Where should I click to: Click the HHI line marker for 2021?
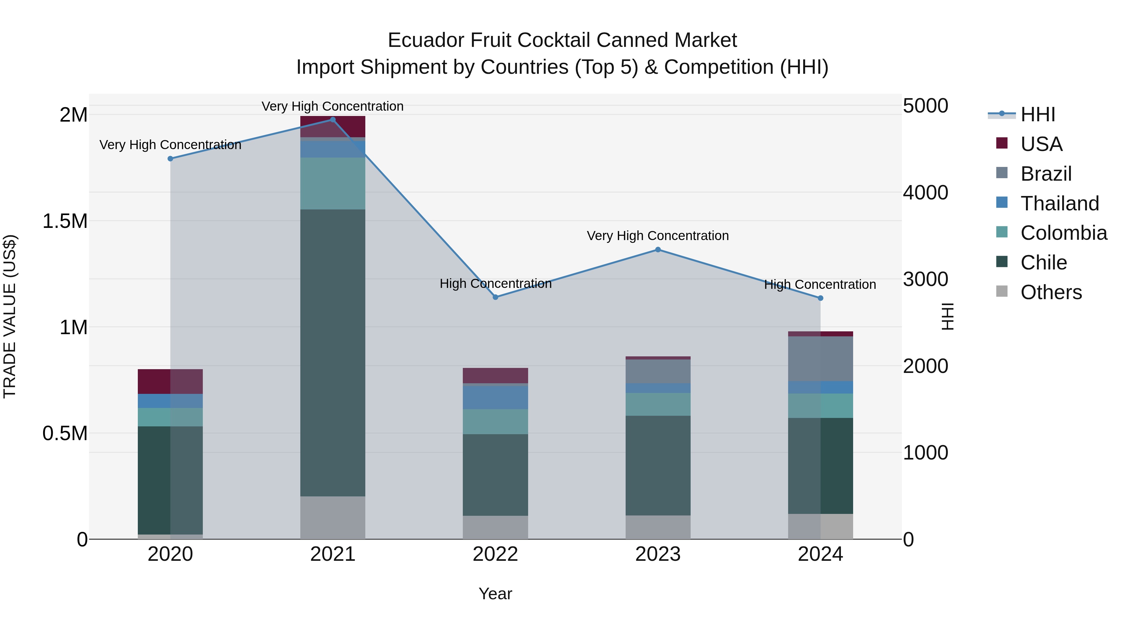point(333,120)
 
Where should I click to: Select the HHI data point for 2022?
point(495,297)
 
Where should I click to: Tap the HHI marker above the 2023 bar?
point(658,249)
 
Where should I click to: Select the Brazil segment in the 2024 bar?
point(820,358)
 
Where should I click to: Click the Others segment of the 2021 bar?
point(333,517)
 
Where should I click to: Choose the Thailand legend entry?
point(1059,203)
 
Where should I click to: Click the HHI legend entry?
point(1037,114)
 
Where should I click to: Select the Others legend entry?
point(1051,292)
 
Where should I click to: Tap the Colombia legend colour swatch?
point(1002,232)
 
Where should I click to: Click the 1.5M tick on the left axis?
point(65,221)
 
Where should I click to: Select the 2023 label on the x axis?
point(658,554)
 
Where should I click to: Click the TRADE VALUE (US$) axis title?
point(10,316)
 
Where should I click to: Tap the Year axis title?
point(495,594)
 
